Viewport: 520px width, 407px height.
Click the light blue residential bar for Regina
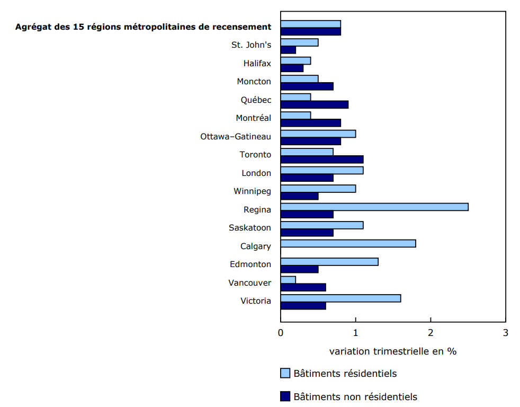pos(374,207)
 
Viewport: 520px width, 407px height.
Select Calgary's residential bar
pos(348,243)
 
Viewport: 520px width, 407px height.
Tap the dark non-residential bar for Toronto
pos(322,160)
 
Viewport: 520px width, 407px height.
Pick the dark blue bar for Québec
pos(314,104)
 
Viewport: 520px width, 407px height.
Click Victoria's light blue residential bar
pos(340,298)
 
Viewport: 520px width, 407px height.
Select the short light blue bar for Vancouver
pos(288,280)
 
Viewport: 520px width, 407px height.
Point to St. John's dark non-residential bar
pos(288,50)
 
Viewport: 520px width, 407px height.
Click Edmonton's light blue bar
pos(329,262)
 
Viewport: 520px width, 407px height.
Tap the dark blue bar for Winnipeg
pos(299,196)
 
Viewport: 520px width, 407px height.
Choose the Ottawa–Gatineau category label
pos(236,137)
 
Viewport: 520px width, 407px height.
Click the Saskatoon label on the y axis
pos(250,228)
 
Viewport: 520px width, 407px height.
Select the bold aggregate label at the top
pos(143,26)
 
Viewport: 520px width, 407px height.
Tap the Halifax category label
pos(257,64)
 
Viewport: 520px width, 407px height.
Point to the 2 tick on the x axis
pos(431,333)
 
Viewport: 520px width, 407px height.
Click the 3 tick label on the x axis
pos(506,333)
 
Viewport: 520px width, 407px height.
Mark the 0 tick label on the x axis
pos(281,333)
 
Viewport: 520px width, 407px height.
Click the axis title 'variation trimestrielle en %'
pos(393,351)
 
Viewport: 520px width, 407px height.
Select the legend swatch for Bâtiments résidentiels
pos(285,374)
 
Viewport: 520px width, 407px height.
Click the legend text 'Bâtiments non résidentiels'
pos(355,397)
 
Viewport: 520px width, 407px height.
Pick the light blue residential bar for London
pos(322,170)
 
